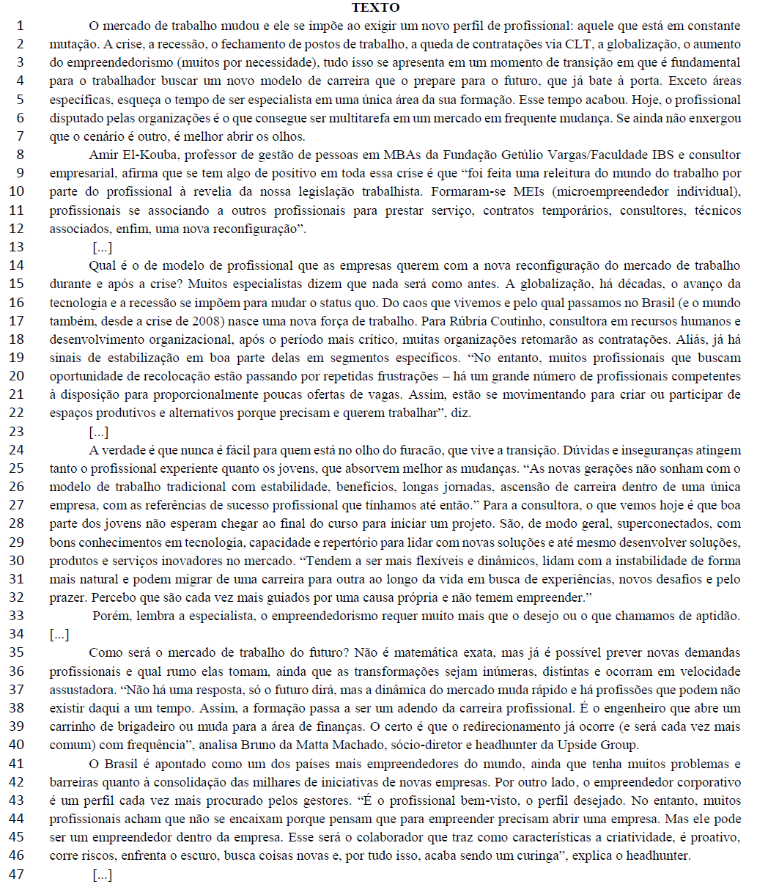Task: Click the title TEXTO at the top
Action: click(376, 8)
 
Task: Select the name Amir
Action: click(103, 155)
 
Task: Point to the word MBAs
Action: click(403, 155)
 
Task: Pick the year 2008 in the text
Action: click(206, 320)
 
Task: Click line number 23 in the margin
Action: click(17, 431)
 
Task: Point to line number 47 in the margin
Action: click(17, 874)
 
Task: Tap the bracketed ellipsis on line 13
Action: click(103, 247)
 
